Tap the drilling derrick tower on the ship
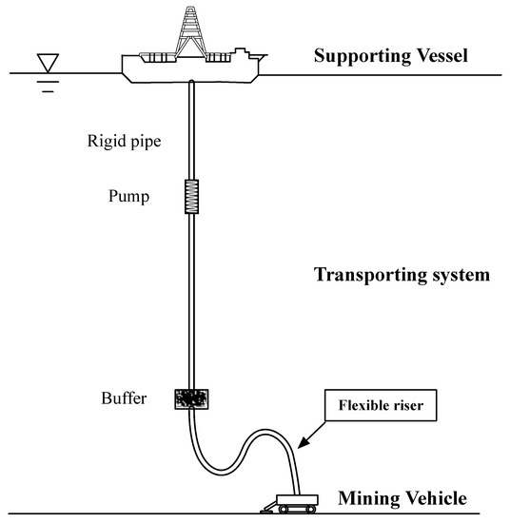tap(194, 29)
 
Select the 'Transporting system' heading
tap(402, 277)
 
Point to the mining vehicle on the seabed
tap(291, 500)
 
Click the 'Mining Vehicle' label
tap(402, 497)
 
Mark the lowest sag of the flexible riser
tap(220, 472)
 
